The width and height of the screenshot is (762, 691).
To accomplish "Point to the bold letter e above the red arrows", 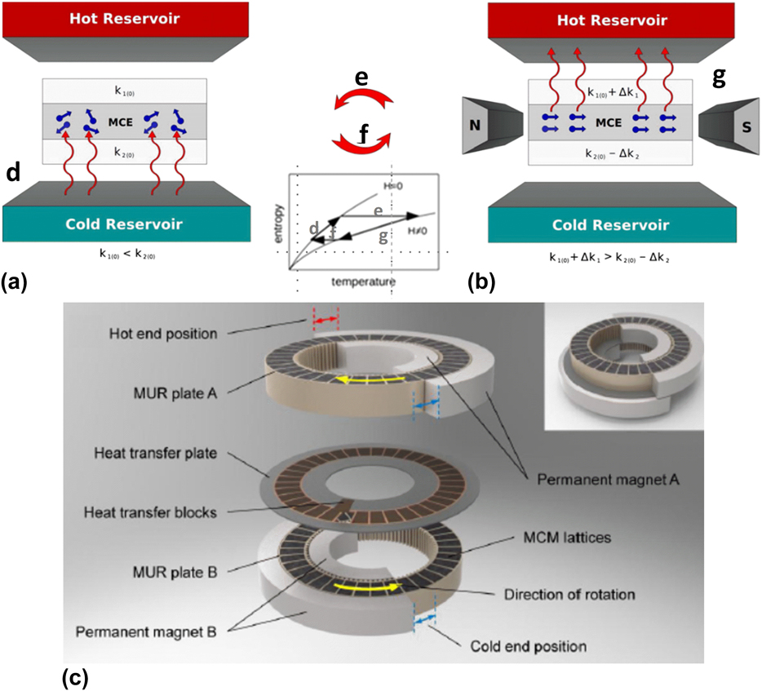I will click(x=361, y=79).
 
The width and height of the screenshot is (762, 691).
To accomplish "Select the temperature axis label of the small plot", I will click(x=364, y=282).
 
